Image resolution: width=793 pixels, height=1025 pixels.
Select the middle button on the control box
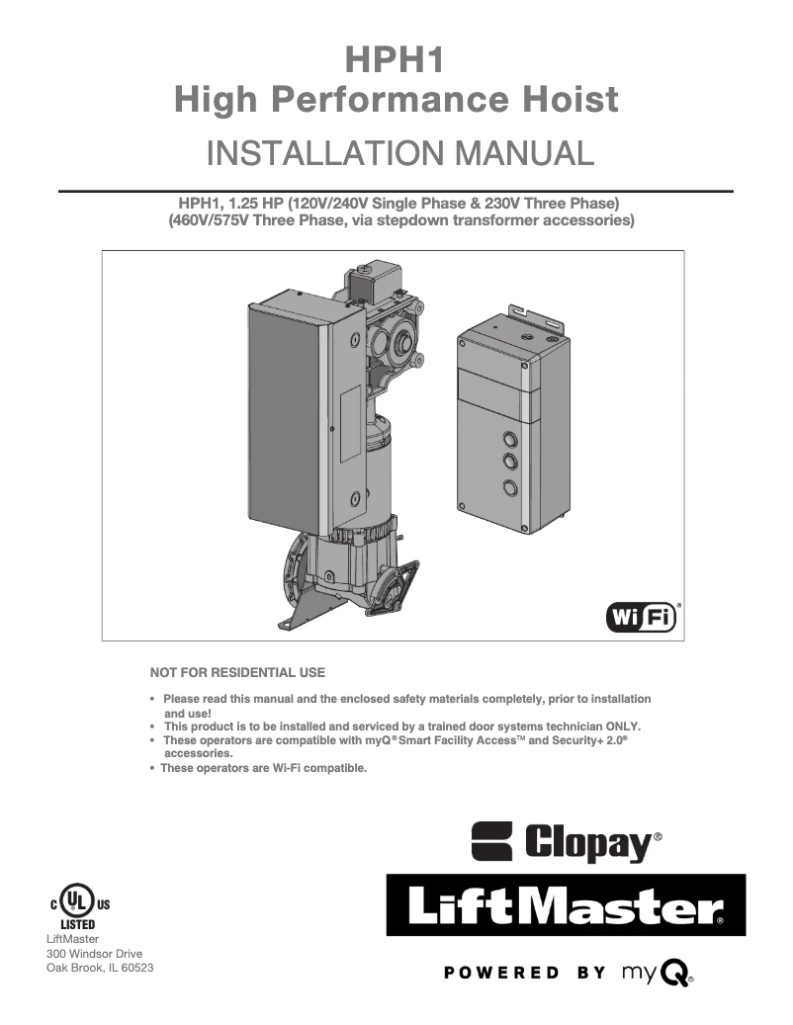click(x=510, y=462)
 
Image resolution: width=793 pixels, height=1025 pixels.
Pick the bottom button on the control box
click(x=510, y=486)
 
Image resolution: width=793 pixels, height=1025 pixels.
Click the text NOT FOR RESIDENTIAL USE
click(x=237, y=673)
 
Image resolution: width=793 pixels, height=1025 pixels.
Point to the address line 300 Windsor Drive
click(x=95, y=954)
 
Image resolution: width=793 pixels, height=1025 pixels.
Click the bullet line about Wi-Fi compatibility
click(x=264, y=767)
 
